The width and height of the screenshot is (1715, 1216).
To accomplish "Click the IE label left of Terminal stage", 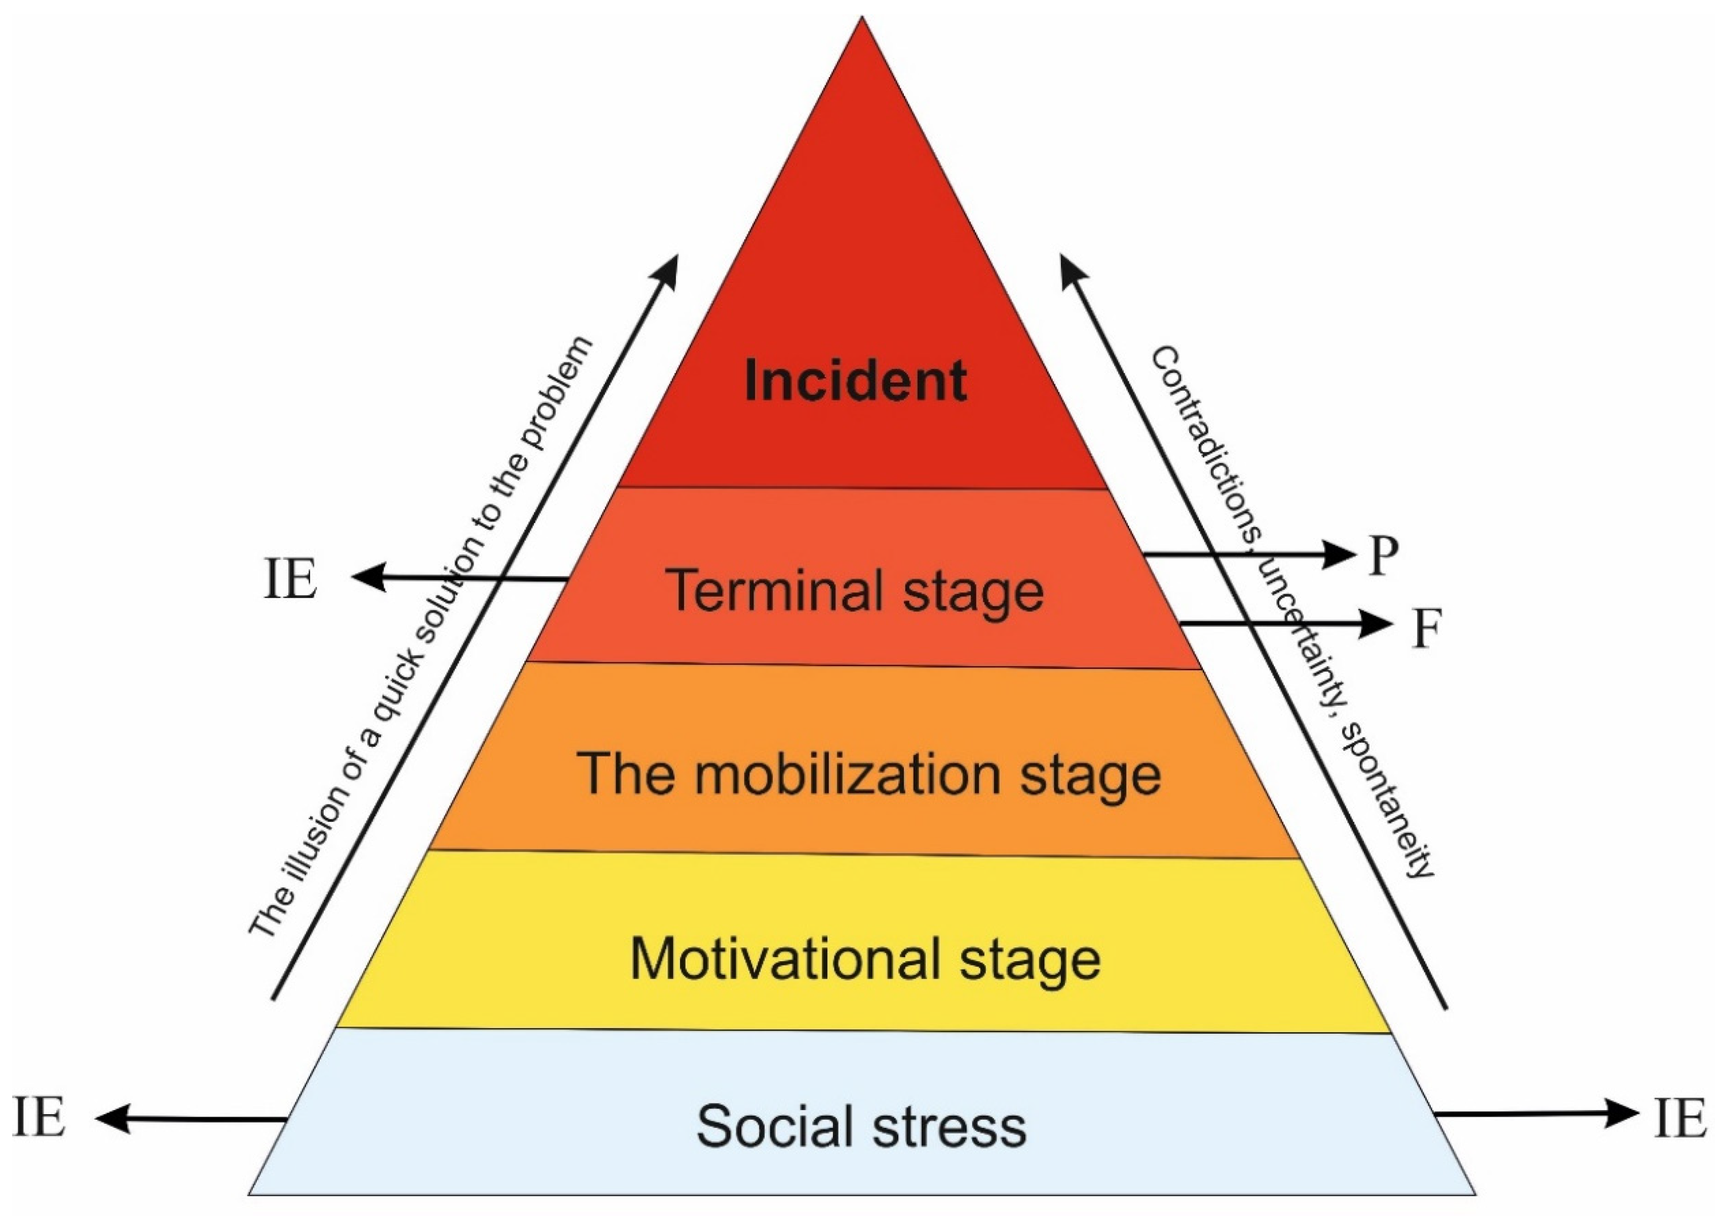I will pos(290,580).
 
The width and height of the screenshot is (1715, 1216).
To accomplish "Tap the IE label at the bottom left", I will pos(39,1119).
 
